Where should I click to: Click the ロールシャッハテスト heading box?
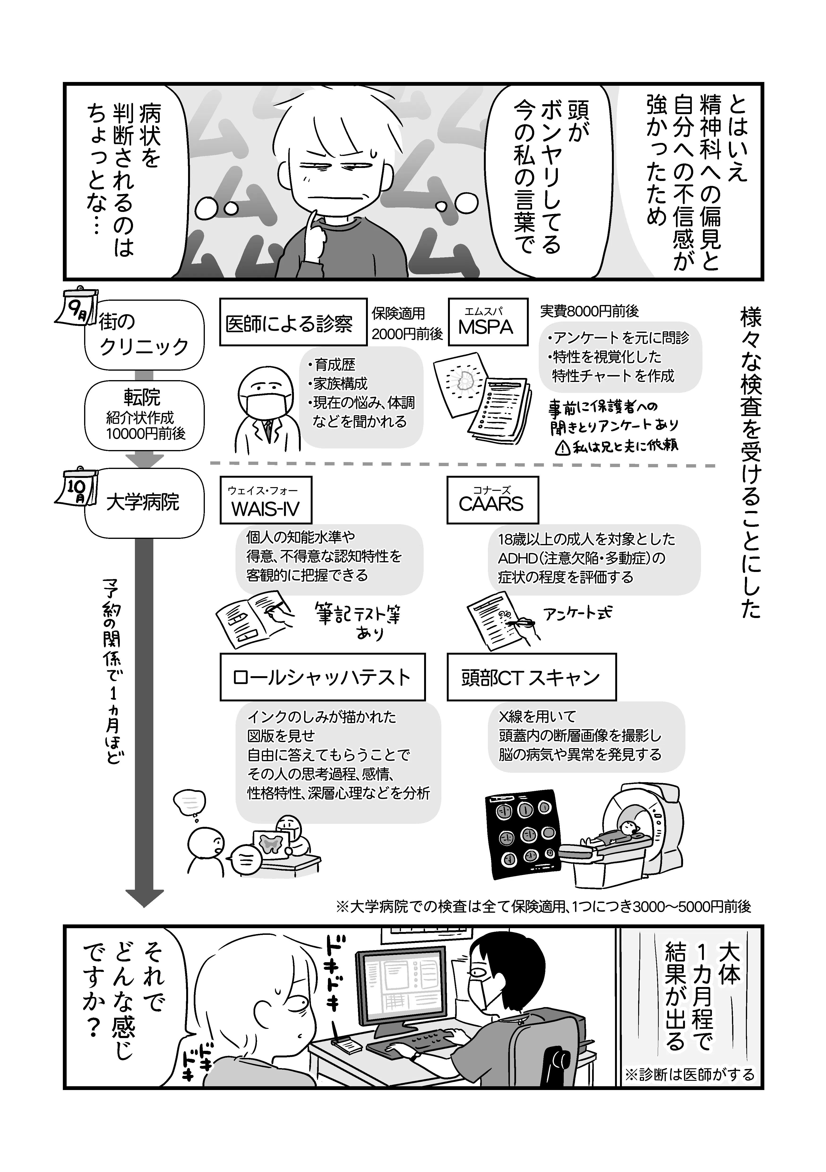pyautogui.click(x=322, y=677)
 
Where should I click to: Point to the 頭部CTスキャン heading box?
pyautogui.click(x=531, y=677)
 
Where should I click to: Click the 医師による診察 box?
pyautogui.click(x=293, y=322)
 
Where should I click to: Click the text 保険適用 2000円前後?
pyautogui.click(x=406, y=323)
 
